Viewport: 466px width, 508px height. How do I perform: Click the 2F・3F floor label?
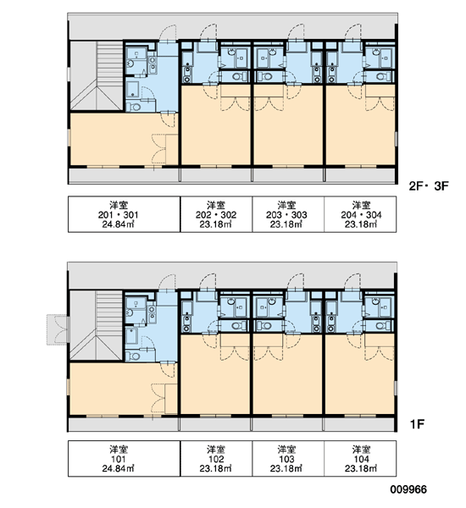pos(429,186)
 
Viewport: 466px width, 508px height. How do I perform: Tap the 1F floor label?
pos(418,424)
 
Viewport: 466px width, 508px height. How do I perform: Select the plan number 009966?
pos(408,489)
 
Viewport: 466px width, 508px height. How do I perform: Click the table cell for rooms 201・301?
pos(124,214)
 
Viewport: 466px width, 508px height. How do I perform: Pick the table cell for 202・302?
pos(216,214)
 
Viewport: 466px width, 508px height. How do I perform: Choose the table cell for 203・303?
pos(288,214)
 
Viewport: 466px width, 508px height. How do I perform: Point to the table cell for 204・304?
pos(360,214)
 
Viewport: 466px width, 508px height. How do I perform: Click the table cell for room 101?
pos(124,458)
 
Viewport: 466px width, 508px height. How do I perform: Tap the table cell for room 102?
pos(216,458)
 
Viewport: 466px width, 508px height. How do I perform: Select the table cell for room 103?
pos(288,458)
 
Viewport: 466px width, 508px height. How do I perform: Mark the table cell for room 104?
pos(360,458)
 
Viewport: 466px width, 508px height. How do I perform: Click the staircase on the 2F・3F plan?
pos(97,76)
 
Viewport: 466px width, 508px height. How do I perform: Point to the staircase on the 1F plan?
pos(97,325)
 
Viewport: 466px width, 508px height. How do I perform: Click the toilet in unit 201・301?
pos(134,107)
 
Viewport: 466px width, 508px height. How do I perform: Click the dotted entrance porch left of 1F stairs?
pos(57,329)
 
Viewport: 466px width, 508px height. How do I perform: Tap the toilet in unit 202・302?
pos(239,77)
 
